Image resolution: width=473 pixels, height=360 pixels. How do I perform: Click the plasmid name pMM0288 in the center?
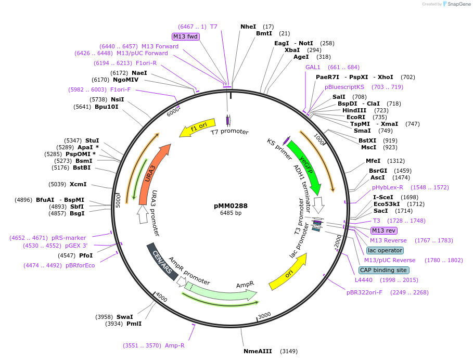pos(231,205)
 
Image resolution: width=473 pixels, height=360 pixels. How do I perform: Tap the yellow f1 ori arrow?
pos(200,127)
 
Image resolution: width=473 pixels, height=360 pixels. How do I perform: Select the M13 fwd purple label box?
pos(186,36)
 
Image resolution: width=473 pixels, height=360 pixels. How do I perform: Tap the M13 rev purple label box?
pos(383,230)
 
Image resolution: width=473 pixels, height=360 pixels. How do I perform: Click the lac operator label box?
pos(385,250)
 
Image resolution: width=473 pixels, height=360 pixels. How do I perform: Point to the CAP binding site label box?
pos(384,270)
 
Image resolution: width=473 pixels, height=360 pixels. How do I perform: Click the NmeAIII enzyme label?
pos(258,351)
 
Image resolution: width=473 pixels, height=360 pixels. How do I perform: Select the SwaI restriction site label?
pos(124,317)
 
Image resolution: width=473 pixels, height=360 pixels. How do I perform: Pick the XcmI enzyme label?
pos(78,184)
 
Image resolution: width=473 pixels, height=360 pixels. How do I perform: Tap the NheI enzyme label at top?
pos(248,27)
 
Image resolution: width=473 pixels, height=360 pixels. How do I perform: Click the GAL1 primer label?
pos(313,67)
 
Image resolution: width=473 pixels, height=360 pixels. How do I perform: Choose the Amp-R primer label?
pos(174,345)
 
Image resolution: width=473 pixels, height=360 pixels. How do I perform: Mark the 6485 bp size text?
pos(231,213)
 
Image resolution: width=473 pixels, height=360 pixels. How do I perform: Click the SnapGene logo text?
pos(457,4)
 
